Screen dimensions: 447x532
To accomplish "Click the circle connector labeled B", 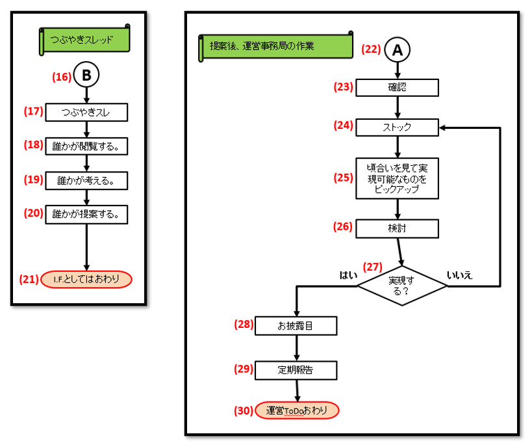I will click(86, 75).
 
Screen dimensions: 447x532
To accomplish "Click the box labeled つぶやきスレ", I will click(86, 112).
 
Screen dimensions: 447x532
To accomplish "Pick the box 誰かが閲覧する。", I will click(86, 146).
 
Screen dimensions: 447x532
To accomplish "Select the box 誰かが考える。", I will click(86, 181).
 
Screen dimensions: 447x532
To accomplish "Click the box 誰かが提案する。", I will click(86, 215).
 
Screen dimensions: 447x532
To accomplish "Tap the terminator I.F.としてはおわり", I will click(86, 279).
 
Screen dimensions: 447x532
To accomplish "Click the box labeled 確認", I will click(397, 87).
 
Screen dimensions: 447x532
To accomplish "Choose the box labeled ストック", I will click(397, 128).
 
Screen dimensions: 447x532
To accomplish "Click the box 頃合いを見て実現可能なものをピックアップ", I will click(397, 178).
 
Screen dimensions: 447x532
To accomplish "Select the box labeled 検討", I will click(397, 228).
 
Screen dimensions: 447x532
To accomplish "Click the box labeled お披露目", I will click(297, 325).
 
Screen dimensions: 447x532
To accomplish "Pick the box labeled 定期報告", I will click(297, 370).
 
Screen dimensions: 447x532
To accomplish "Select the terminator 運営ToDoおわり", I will click(297, 411).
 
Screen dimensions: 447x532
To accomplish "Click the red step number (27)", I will click(373, 266).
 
